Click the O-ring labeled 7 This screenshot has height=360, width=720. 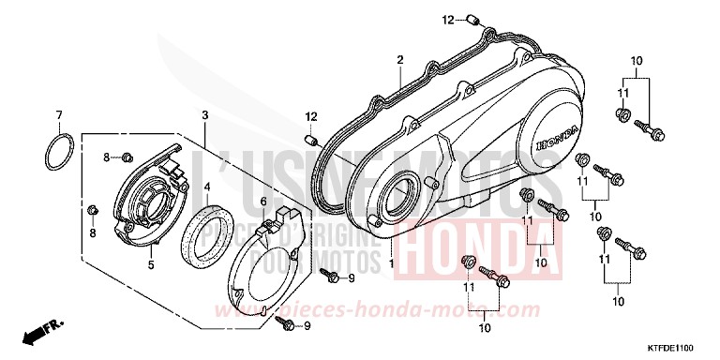point(59,152)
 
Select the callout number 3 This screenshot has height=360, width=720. point(204,114)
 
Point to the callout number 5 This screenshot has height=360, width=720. point(149,265)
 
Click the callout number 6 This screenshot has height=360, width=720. point(262,202)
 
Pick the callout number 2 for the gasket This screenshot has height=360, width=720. point(399,60)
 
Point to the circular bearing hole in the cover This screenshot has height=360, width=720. point(397,198)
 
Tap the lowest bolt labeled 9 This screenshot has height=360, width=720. point(290,323)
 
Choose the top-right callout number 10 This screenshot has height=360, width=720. point(636,61)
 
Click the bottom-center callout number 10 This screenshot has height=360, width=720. point(485,328)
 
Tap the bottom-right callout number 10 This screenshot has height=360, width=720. point(619,302)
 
